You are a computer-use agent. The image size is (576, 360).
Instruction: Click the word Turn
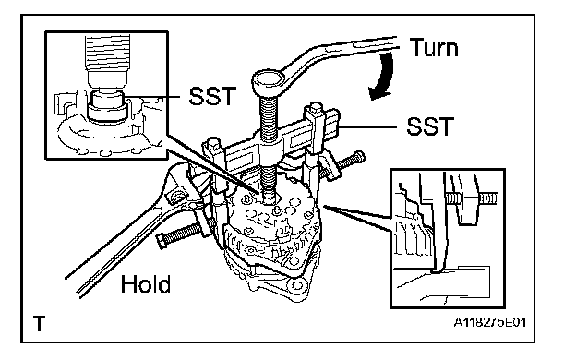(434, 47)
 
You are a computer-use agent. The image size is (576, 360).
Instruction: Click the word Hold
(146, 284)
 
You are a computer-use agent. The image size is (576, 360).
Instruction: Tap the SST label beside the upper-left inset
(211, 96)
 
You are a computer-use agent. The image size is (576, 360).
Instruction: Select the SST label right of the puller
(430, 126)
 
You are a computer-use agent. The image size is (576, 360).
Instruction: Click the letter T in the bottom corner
(39, 324)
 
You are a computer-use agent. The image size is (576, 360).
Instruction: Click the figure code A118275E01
(489, 322)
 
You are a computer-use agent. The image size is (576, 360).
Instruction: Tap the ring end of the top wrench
(269, 82)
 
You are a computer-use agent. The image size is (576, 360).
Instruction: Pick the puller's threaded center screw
(270, 143)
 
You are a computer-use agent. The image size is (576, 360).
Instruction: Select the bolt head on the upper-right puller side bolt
(358, 156)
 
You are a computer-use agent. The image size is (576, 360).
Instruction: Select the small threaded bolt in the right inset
(472, 199)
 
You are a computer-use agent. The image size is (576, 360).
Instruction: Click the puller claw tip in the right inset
(437, 270)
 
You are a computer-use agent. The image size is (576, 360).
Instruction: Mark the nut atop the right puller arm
(315, 110)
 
